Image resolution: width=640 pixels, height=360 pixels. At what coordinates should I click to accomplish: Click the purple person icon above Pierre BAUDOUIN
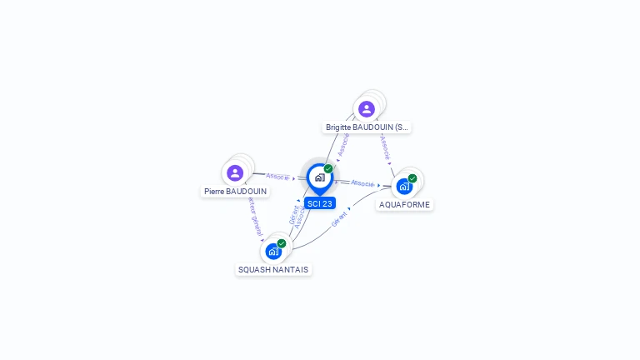point(235,172)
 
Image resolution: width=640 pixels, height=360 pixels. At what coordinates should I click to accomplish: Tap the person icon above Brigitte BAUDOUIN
point(366,109)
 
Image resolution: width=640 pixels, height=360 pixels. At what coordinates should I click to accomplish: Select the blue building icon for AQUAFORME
point(404,187)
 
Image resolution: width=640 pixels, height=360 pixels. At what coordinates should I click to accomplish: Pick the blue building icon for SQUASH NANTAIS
point(273,251)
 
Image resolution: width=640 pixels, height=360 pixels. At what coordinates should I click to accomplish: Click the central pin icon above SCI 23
point(319,177)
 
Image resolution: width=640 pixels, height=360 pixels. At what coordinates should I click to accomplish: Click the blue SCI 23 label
point(319,203)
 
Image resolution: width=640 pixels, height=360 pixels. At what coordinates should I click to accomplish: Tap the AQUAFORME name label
point(405,204)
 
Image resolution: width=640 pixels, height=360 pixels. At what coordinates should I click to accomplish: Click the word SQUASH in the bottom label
point(255,269)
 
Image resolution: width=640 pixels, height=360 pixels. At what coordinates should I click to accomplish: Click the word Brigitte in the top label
point(338,127)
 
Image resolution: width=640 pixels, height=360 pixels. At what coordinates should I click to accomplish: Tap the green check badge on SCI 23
point(328,168)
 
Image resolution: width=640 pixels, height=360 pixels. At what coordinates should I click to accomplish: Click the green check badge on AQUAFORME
point(412,177)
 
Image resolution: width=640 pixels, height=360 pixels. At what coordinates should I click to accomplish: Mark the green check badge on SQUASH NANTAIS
point(282,242)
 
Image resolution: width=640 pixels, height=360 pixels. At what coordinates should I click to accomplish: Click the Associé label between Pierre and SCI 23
point(277,177)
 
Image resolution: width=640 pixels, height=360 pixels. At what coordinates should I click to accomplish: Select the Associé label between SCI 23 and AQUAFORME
point(362,182)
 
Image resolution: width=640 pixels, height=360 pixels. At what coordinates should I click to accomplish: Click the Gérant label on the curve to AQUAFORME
point(339,219)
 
